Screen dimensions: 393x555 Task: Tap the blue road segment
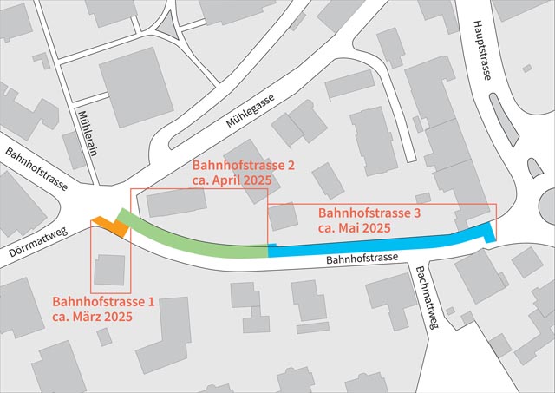382,242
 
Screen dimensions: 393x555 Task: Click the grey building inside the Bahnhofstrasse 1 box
109,271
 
